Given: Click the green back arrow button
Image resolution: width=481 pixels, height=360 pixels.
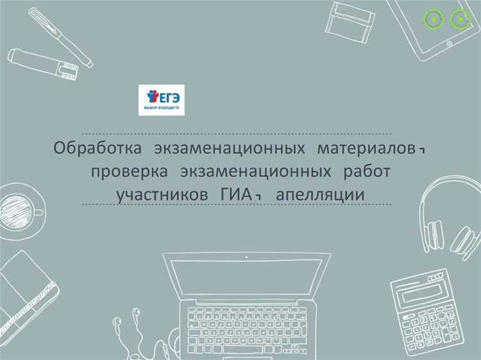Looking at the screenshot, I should click(x=434, y=20).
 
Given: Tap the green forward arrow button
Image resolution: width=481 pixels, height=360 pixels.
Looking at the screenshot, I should click(x=460, y=20).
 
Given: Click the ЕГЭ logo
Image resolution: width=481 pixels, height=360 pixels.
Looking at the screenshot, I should click(x=162, y=100).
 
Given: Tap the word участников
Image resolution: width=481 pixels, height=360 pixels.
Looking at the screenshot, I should click(x=163, y=194).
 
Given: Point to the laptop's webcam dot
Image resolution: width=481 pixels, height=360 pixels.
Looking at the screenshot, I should click(x=246, y=257).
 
